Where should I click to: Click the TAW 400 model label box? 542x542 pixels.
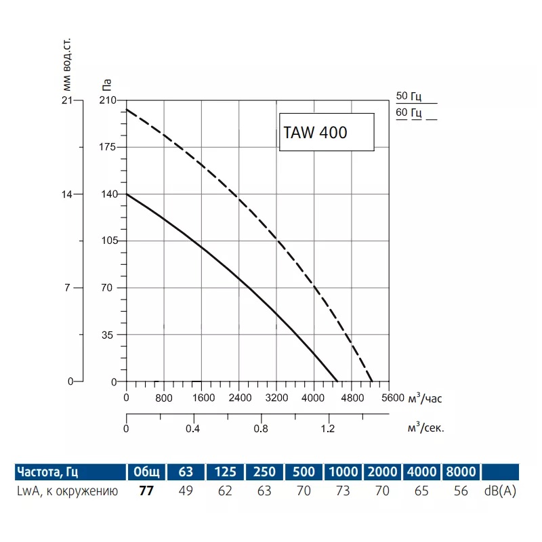pyautogui.click(x=327, y=132)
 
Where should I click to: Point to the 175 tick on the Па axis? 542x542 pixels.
pyautogui.click(x=108, y=147)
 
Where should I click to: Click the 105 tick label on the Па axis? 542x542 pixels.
pyautogui.click(x=108, y=241)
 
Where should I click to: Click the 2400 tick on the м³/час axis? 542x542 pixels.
pyautogui.click(x=239, y=398)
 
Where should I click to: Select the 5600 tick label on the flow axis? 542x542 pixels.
pyautogui.click(x=392, y=398)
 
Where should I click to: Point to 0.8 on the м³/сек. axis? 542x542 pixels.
pyautogui.click(x=261, y=429)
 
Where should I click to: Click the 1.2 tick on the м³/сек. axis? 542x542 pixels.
pyautogui.click(x=328, y=429)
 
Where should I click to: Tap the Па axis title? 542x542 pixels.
pyautogui.click(x=106, y=86)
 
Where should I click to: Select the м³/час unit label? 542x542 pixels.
pyautogui.click(x=426, y=397)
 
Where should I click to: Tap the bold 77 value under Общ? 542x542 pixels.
pyautogui.click(x=146, y=491)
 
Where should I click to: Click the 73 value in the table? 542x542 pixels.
pyautogui.click(x=343, y=491)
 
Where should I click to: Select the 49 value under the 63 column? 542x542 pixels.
pyautogui.click(x=185, y=491)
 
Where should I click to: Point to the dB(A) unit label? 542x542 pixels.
pyautogui.click(x=501, y=491)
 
